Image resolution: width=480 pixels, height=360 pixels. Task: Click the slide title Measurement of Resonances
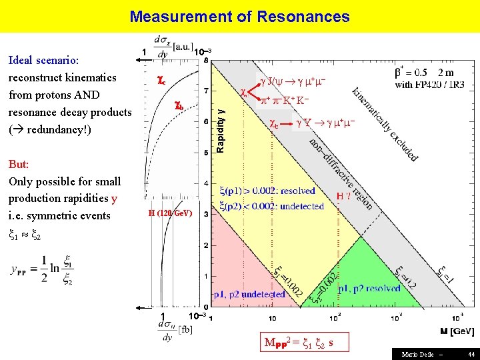pos(239,16)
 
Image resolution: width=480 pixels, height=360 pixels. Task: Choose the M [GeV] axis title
pos(457,331)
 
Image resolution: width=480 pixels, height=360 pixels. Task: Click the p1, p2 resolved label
pos(369,289)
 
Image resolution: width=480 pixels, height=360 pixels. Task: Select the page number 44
pos(471,354)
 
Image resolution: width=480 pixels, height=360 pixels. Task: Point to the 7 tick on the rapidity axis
pos(205,91)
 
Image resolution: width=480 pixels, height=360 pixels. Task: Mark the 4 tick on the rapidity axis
pos(205,183)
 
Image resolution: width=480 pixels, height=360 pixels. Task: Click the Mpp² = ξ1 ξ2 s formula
pos(299,344)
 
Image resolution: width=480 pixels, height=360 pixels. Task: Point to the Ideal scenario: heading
pos(44,60)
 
